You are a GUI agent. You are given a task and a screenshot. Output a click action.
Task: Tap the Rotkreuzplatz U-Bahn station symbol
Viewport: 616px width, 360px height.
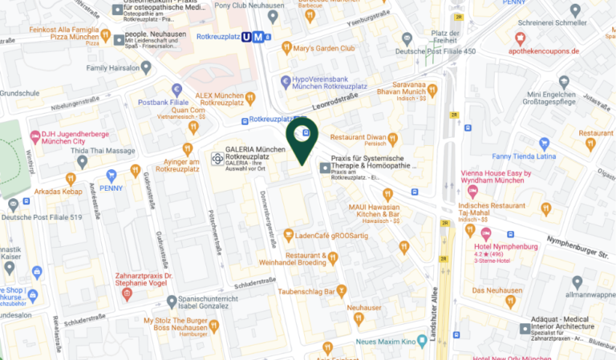(x=256, y=35)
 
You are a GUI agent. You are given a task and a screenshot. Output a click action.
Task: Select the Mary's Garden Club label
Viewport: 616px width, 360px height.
(x=326, y=48)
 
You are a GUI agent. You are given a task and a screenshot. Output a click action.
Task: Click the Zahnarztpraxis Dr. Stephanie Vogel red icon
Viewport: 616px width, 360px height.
(x=127, y=294)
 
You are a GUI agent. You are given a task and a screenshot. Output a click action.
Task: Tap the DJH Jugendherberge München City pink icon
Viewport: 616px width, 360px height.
(x=35, y=136)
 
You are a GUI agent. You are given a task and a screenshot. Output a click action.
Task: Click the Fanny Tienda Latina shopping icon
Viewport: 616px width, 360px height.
(x=545, y=144)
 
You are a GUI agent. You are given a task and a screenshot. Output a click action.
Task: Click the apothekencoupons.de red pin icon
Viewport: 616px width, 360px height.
(x=520, y=38)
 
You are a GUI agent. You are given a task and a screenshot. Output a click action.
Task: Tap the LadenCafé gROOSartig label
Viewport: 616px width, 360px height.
(x=330, y=236)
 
